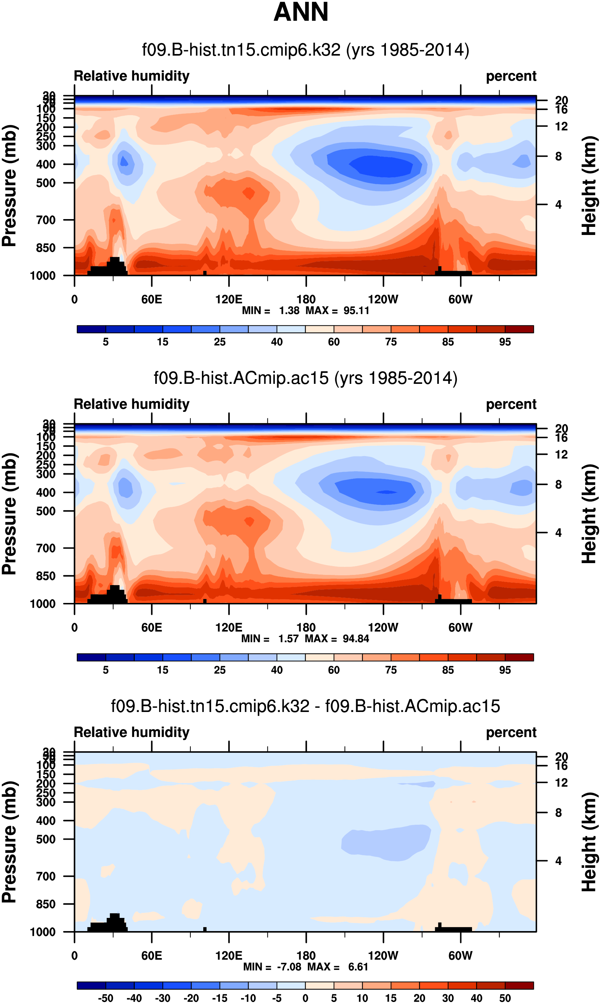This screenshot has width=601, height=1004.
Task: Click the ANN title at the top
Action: [300, 12]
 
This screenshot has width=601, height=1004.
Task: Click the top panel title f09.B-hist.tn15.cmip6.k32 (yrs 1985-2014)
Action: [305, 50]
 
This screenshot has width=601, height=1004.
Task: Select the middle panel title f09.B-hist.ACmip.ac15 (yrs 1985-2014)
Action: [305, 378]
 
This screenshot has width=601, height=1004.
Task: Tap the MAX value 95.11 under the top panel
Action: [356, 311]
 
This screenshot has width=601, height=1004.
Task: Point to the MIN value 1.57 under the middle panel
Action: [288, 638]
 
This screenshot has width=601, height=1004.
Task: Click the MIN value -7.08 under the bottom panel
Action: [289, 967]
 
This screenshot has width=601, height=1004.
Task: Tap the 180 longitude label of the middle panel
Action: [306, 628]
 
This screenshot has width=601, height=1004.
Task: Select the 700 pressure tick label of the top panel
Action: [46, 220]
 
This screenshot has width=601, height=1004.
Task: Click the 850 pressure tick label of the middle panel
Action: [46, 576]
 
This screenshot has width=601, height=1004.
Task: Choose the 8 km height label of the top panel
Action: [558, 156]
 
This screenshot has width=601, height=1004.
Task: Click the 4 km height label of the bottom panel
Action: [558, 861]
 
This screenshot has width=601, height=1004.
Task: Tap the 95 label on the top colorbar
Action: [505, 342]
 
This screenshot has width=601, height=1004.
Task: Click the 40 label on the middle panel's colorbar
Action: [277, 670]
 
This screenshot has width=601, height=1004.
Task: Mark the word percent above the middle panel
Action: [511, 404]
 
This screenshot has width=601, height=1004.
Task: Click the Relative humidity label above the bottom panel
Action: [132, 732]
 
